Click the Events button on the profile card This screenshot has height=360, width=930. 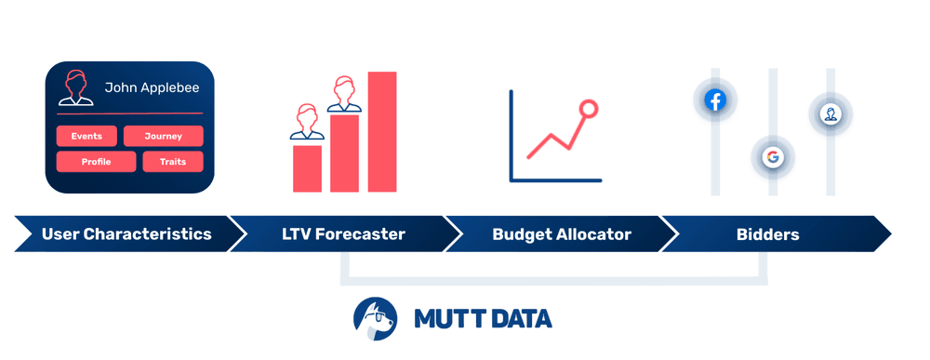point(86,137)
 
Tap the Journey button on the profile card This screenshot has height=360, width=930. point(163,137)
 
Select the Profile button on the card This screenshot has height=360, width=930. point(96,162)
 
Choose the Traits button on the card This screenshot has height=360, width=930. point(172,162)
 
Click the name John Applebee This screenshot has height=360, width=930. point(152,88)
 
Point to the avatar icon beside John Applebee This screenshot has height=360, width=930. point(74,87)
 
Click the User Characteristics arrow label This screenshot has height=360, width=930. point(126,234)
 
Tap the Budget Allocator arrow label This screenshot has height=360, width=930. point(561,234)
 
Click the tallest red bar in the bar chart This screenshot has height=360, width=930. point(382,132)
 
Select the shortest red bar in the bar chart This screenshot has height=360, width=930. point(307,168)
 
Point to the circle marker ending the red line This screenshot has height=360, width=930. point(588,109)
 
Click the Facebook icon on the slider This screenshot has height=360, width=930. point(714,100)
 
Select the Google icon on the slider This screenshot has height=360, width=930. point(772,157)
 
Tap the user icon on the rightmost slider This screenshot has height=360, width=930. point(830,113)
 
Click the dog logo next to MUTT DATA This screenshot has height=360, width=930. point(376,318)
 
